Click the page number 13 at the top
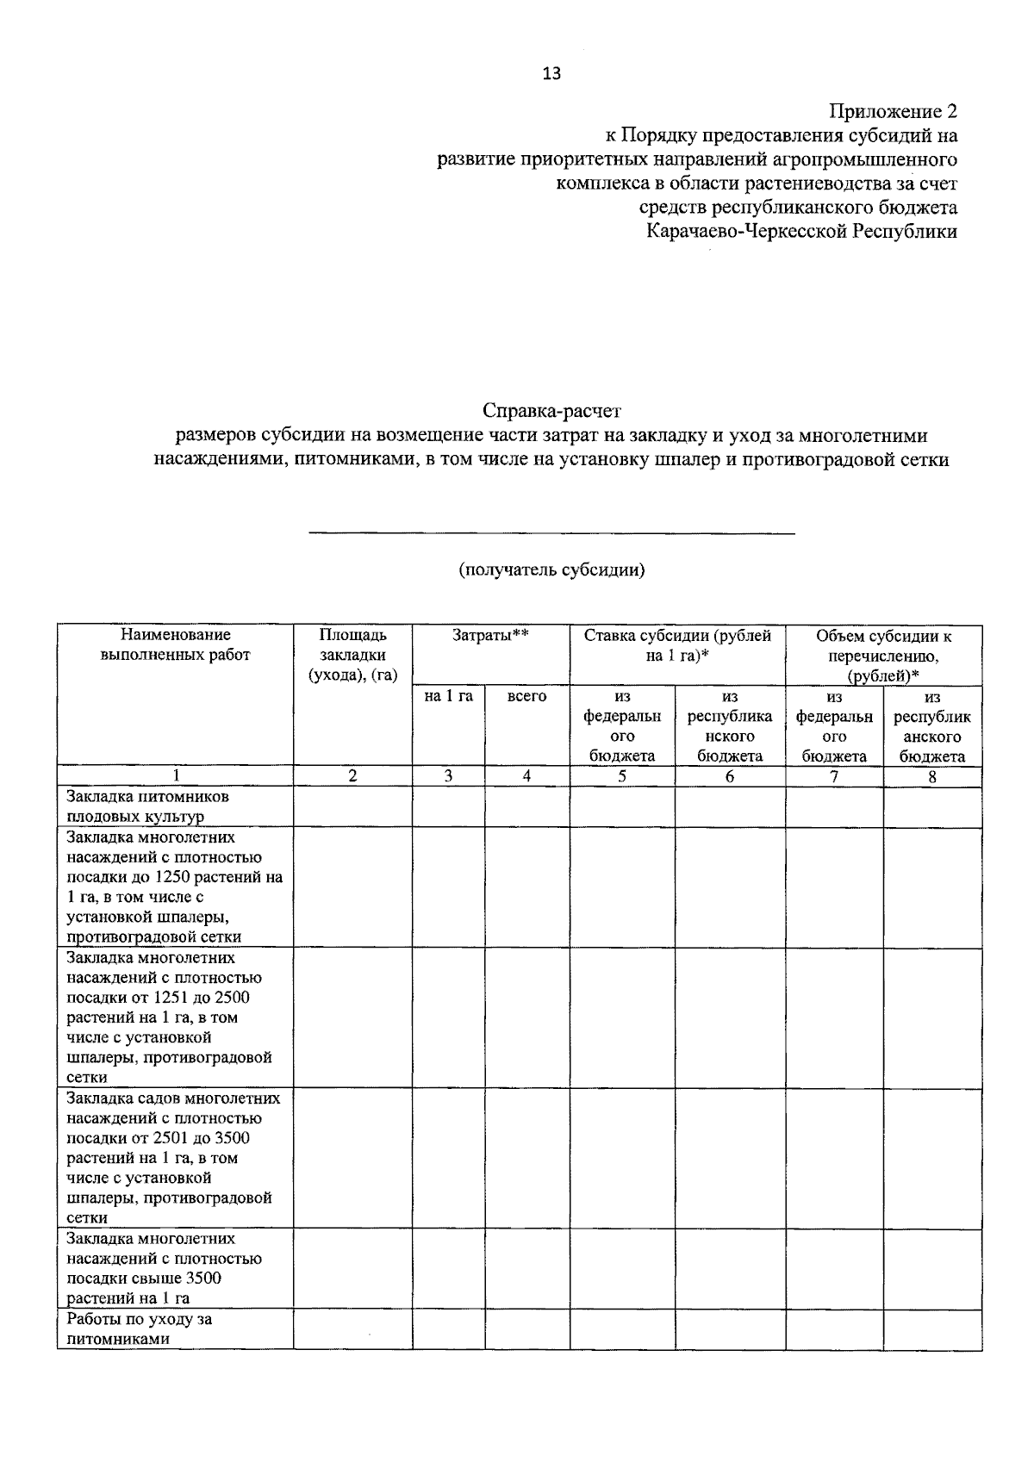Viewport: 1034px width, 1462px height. point(551,73)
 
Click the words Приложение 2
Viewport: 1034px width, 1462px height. point(893,111)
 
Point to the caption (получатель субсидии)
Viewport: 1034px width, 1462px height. point(551,569)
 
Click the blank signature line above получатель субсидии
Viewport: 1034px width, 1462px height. point(551,533)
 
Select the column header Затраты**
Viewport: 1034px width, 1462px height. point(490,636)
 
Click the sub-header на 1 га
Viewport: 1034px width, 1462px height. point(448,696)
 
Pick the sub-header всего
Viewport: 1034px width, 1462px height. point(526,696)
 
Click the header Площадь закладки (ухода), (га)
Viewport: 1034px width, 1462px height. point(352,655)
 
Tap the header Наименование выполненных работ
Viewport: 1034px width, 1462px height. point(176,645)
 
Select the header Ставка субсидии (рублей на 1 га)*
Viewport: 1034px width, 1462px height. point(677,645)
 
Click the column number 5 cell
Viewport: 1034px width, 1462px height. point(621,775)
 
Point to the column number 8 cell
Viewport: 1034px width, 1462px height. point(932,775)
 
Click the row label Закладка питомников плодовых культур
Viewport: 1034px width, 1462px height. point(147,806)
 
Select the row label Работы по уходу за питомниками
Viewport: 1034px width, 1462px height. point(139,1328)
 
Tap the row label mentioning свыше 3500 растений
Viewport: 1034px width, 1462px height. point(163,1268)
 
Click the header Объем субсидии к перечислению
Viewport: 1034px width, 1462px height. point(883,655)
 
